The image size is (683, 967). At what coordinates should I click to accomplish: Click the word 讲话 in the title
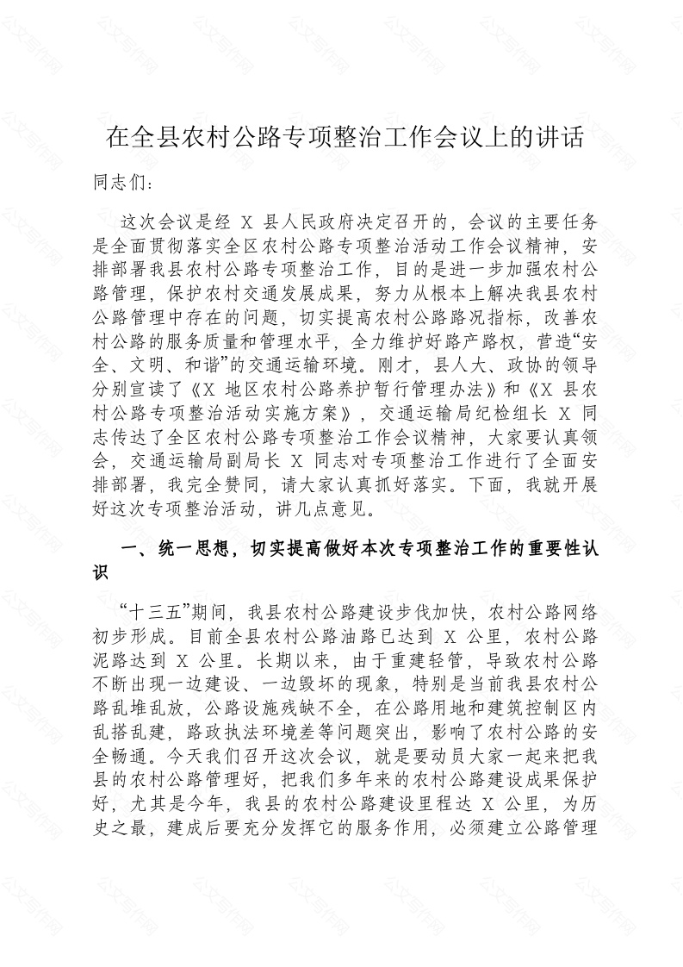(x=561, y=137)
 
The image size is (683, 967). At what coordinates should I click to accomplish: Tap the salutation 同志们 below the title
(x=121, y=184)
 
